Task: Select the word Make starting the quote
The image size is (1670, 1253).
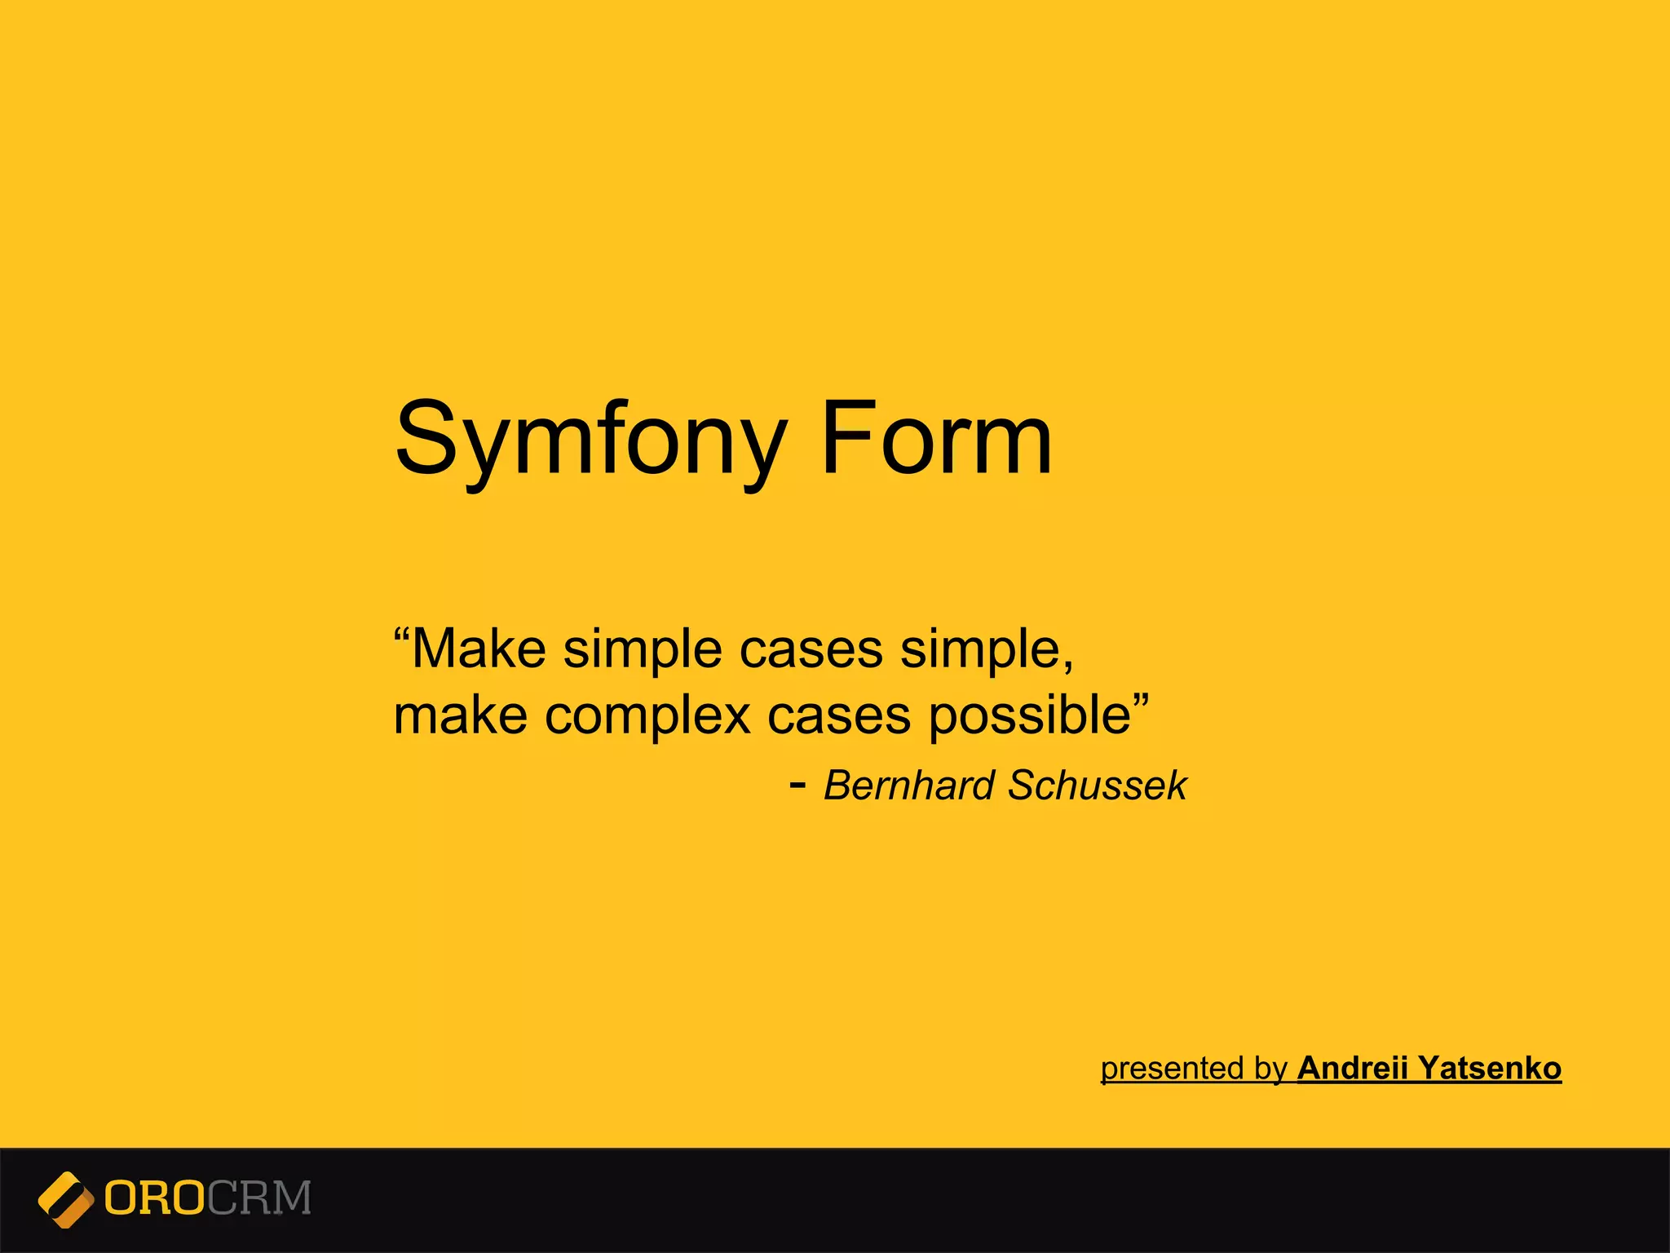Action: pos(479,650)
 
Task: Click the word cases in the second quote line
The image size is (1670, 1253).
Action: pos(839,716)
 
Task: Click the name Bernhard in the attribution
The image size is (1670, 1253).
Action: pos(910,786)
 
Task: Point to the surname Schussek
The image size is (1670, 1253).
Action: pos(1097,786)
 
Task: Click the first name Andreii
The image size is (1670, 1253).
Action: pos(1353,1068)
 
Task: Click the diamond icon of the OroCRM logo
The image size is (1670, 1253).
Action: pos(65,1199)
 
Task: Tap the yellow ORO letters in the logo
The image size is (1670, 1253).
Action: pos(154,1198)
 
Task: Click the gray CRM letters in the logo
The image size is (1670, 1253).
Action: pos(258,1198)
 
